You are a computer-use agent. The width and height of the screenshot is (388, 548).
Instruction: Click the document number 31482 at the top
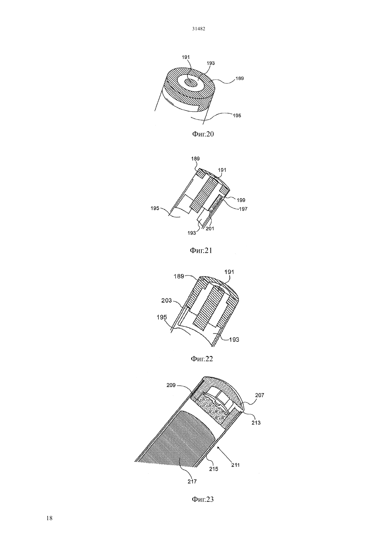tap(198, 29)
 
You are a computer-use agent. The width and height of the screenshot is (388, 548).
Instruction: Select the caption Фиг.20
tap(203, 134)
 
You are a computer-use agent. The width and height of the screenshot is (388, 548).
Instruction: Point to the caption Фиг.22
tap(202, 359)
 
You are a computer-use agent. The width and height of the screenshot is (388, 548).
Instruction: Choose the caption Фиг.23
tap(202, 499)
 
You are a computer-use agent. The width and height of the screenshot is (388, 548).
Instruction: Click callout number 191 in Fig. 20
tap(186, 57)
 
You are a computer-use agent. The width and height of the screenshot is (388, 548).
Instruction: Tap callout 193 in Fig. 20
tap(211, 63)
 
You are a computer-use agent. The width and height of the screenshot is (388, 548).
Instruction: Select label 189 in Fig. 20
tap(240, 78)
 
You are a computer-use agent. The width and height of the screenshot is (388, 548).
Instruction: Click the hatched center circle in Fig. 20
tap(191, 83)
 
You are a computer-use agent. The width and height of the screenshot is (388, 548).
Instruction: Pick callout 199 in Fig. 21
tap(241, 200)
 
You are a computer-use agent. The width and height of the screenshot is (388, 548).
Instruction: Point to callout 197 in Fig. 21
tap(243, 209)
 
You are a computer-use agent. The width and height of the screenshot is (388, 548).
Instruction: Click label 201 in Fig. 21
tap(210, 229)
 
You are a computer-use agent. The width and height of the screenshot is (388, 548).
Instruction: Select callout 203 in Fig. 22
tap(166, 300)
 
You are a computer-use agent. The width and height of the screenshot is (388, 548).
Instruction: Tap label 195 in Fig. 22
tap(162, 317)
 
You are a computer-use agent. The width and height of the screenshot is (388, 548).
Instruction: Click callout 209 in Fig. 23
tap(171, 385)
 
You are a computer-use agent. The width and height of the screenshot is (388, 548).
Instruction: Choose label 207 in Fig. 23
tap(260, 395)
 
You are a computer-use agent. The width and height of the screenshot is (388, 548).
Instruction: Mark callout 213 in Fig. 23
tap(256, 423)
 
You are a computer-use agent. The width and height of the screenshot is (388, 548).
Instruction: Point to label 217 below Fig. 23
tap(192, 481)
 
